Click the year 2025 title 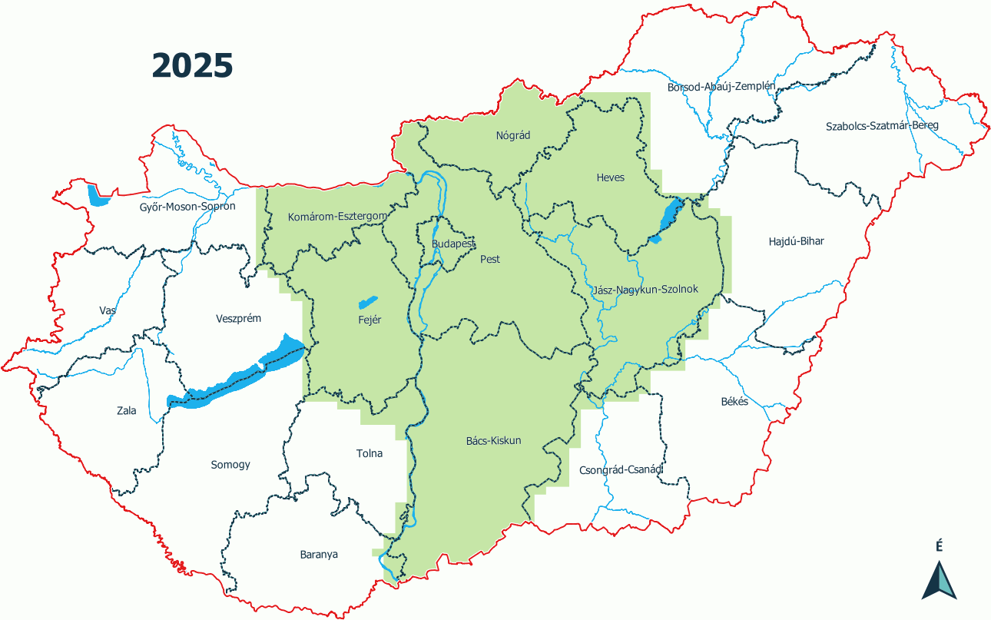pyautogui.click(x=192, y=66)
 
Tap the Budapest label pyautogui.click(x=453, y=244)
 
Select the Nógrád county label pyautogui.click(x=513, y=136)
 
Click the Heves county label pyautogui.click(x=611, y=177)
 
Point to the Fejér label pyautogui.click(x=369, y=320)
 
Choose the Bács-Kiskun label pyautogui.click(x=494, y=441)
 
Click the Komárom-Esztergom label pyautogui.click(x=337, y=217)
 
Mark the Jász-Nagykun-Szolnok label pyautogui.click(x=645, y=290)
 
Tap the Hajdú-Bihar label pyautogui.click(x=796, y=241)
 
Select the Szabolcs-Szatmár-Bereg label pyautogui.click(x=882, y=125)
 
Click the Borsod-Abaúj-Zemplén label pyautogui.click(x=721, y=87)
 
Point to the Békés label pyautogui.click(x=734, y=402)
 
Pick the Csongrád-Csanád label pyautogui.click(x=621, y=469)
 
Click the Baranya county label pyautogui.click(x=319, y=554)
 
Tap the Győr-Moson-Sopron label pyautogui.click(x=187, y=207)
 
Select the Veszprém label pyautogui.click(x=239, y=318)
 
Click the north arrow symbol pyautogui.click(x=939, y=580)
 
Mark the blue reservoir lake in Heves pyautogui.click(x=668, y=220)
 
